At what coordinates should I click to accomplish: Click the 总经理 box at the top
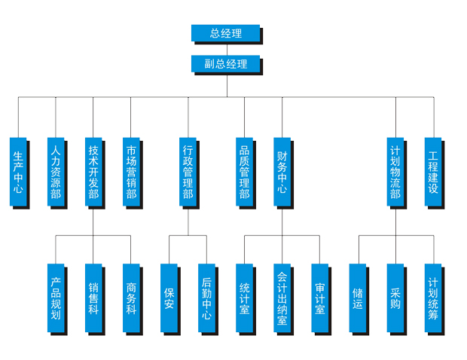coord(225,33)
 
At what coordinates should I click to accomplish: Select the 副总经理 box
coord(225,64)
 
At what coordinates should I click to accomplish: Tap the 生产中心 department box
coord(18,172)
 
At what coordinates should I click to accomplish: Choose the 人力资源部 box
coord(56,172)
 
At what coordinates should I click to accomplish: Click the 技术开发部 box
coord(93,172)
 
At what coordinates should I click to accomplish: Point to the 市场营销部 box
coord(131,172)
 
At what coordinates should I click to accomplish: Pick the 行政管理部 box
coord(188,172)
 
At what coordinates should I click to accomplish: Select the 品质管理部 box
coord(244,172)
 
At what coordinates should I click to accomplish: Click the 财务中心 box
coord(282,172)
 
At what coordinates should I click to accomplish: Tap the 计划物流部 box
coord(395,172)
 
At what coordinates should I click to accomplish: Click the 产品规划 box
coord(56,298)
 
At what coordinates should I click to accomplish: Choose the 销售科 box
coord(93,298)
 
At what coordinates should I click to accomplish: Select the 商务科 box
coord(131,298)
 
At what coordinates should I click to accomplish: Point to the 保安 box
coord(169,298)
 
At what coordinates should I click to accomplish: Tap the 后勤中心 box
coord(207,298)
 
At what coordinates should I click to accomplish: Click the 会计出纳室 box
coord(282,298)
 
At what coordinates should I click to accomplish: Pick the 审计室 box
coord(320,298)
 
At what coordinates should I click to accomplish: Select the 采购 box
coord(395,298)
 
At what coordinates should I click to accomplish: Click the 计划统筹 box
coord(433,298)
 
